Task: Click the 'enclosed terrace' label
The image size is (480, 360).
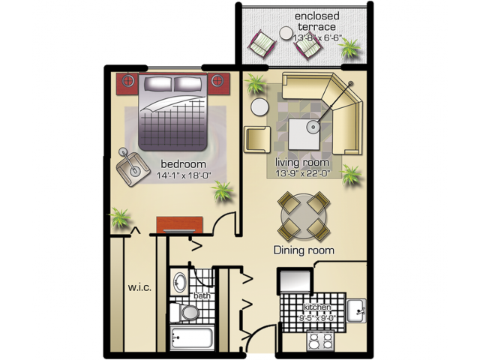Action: pyautogui.click(x=315, y=20)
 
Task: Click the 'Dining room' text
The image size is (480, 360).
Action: pyautogui.click(x=304, y=250)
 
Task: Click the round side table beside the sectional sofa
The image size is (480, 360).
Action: pyautogui.click(x=259, y=106)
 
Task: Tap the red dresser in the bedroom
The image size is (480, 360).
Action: pyautogui.click(x=179, y=224)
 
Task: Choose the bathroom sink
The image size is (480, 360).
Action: pyautogui.click(x=181, y=283)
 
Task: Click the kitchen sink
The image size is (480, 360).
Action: pyautogui.click(x=356, y=308)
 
